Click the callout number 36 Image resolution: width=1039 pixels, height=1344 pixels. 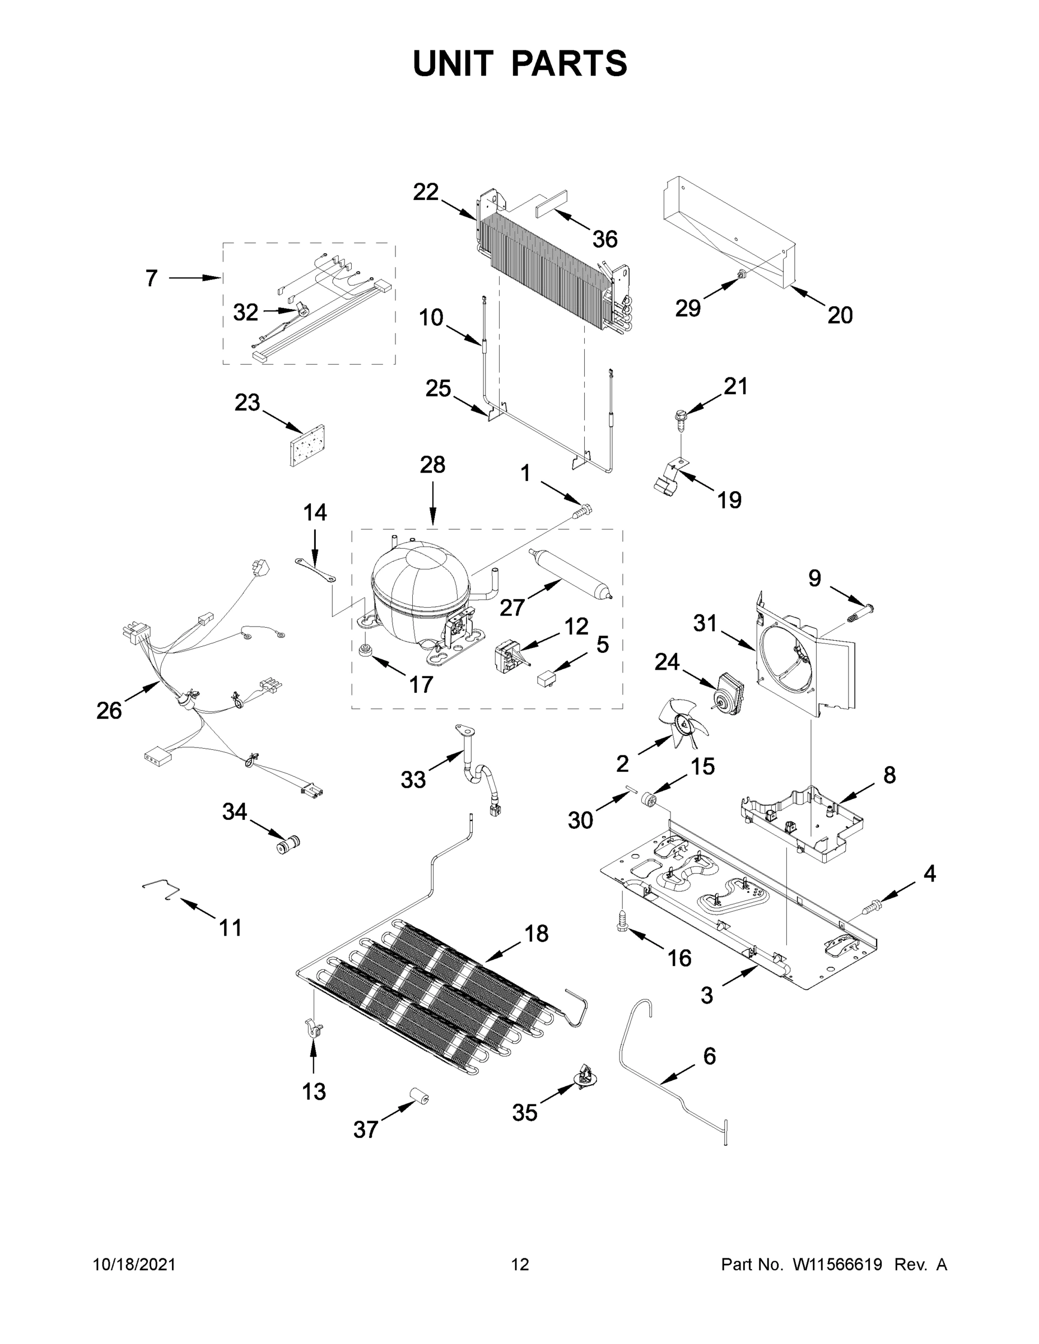pyautogui.click(x=604, y=239)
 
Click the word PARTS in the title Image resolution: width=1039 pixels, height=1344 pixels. pyautogui.click(x=569, y=63)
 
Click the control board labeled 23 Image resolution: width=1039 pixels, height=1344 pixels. pyautogui.click(x=307, y=446)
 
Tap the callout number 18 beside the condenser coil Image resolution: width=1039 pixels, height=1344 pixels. pyautogui.click(x=536, y=933)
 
